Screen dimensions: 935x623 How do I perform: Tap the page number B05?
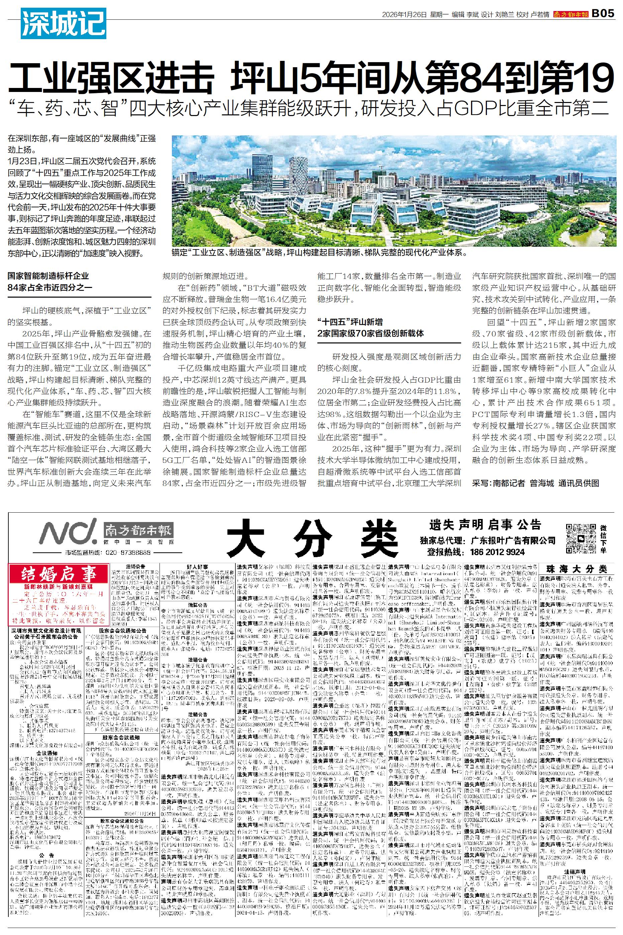[603, 13]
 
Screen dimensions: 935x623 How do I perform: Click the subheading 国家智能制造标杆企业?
[48, 276]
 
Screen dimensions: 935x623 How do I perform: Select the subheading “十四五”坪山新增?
[350, 322]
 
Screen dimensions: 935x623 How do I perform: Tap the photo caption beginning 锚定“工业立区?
[318, 252]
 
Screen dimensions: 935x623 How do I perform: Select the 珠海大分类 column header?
[577, 569]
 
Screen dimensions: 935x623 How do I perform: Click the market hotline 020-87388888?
[127, 553]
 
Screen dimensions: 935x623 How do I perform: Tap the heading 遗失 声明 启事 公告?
[485, 524]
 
